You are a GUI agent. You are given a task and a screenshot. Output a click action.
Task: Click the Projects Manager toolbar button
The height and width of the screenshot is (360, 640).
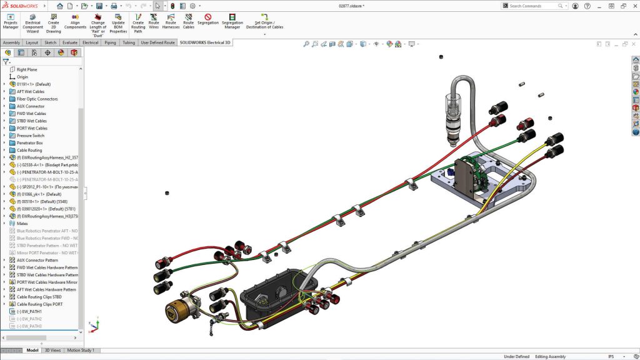pyautogui.click(x=11, y=21)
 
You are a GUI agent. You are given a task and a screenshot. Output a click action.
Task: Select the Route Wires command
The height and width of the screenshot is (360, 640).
pyautogui.click(x=154, y=21)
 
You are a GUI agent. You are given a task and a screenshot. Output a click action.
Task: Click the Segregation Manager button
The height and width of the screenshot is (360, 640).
pyautogui.click(x=232, y=21)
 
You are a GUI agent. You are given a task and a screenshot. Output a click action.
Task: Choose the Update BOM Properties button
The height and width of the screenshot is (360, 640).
pyautogui.click(x=118, y=24)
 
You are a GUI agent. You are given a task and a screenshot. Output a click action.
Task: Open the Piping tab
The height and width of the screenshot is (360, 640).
pyautogui.click(x=110, y=43)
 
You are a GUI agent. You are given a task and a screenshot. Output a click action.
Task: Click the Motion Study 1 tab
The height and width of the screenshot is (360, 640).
pyautogui.click(x=81, y=351)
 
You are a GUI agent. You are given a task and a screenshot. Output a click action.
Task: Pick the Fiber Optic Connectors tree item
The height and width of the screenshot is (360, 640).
pyautogui.click(x=37, y=99)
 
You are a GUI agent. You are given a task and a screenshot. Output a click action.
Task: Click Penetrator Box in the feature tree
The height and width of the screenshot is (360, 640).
pyautogui.click(x=30, y=143)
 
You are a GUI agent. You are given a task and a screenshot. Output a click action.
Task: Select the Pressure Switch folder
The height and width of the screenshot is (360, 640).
pyautogui.click(x=31, y=136)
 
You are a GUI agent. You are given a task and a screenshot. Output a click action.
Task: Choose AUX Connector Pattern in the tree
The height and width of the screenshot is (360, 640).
pyautogui.click(x=37, y=260)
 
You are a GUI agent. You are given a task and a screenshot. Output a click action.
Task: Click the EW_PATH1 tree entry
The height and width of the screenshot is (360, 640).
pyautogui.click(x=29, y=311)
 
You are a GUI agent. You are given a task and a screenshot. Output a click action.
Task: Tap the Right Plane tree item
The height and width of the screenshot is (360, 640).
pyautogui.click(x=27, y=69)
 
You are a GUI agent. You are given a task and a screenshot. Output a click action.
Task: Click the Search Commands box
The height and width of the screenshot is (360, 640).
pyautogui.click(x=535, y=6)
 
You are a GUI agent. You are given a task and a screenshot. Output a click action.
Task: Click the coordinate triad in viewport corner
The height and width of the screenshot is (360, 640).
pyautogui.click(x=94, y=326)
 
